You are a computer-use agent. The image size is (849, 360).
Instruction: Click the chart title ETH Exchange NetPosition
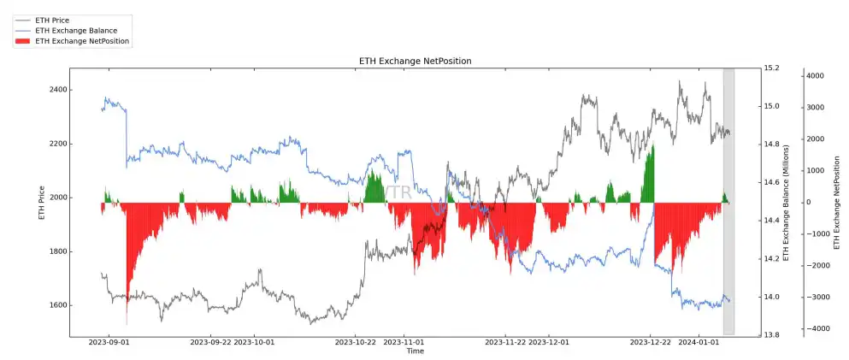(415, 62)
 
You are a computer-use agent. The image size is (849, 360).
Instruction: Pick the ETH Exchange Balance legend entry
(75, 30)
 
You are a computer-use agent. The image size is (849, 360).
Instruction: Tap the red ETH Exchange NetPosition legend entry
(82, 41)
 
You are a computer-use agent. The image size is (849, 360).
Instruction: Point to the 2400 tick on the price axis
(57, 90)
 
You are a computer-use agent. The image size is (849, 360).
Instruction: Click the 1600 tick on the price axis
(57, 305)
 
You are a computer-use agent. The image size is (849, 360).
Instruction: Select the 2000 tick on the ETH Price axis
(57, 198)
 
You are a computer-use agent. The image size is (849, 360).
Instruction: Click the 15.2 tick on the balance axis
(772, 68)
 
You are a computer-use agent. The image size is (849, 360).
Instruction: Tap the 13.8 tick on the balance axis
(772, 335)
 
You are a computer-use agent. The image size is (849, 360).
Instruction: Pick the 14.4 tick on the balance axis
(772, 221)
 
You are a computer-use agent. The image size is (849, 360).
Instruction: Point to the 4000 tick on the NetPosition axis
(814, 76)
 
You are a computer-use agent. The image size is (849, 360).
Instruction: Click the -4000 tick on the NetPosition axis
(812, 328)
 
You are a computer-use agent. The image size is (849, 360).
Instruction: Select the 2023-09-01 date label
(109, 342)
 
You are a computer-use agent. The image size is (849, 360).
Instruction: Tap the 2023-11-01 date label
(404, 342)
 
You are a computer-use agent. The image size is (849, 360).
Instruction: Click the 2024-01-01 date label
(699, 342)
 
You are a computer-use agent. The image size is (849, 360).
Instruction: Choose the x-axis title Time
(415, 351)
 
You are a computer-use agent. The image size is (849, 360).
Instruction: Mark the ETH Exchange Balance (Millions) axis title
(787, 201)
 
